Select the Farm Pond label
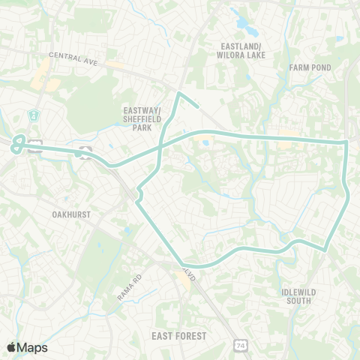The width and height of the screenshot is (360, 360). tap(309, 67)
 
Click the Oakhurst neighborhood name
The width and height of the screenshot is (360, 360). tap(71, 214)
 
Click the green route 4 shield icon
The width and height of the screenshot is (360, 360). tap(33, 115)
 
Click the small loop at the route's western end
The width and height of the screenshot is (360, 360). tap(19, 143)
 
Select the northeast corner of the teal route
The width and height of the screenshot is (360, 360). tap(346, 141)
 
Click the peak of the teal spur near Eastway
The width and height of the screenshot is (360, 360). tap(178, 93)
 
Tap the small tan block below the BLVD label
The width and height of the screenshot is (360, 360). tap(182, 283)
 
